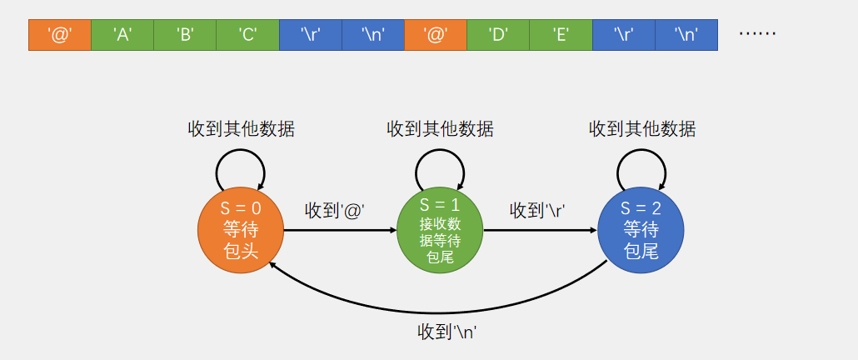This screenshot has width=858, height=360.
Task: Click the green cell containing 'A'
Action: click(x=122, y=35)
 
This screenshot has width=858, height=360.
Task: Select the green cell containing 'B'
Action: click(x=185, y=35)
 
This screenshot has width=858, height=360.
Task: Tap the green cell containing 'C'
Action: click(x=247, y=35)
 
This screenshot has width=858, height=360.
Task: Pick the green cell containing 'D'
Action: click(x=498, y=35)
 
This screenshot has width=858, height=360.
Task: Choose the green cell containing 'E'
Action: click(x=561, y=35)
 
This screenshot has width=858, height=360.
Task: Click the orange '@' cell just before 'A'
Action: click(x=60, y=35)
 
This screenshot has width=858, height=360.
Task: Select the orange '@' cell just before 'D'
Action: click(x=436, y=35)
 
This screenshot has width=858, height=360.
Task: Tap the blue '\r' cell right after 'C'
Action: click(x=310, y=35)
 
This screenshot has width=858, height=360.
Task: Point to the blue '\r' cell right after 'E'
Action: click(x=623, y=35)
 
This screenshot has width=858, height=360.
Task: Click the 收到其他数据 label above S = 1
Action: click(x=440, y=129)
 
